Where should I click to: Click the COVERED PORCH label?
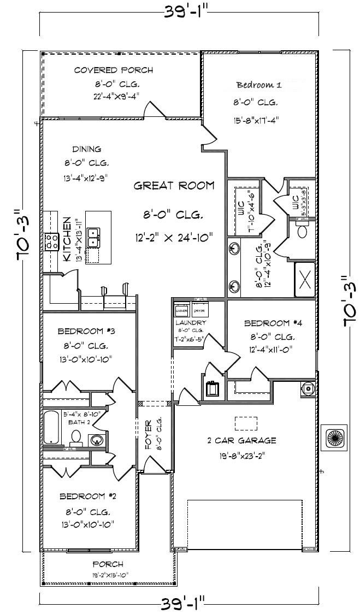point(113,70)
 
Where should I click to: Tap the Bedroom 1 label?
point(258,85)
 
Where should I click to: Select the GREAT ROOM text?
point(174,186)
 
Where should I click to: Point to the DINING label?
point(87,149)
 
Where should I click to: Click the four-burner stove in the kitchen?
point(52,241)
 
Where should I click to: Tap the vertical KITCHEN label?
point(66,239)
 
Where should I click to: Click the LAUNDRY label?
point(190,323)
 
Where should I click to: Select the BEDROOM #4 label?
point(273,322)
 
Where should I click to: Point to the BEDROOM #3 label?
point(86,331)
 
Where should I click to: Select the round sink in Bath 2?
point(97,440)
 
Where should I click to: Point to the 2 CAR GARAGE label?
point(241,440)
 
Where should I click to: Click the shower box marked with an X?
point(305,279)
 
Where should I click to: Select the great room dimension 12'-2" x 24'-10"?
point(174,237)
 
